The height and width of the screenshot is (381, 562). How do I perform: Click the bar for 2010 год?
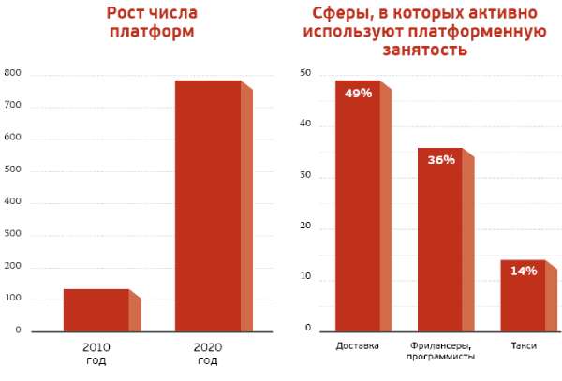(x=96, y=310)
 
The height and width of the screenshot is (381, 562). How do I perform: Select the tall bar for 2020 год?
(x=208, y=206)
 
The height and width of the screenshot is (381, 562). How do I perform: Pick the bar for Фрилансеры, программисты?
(x=440, y=240)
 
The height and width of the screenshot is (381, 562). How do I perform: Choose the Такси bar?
(x=523, y=296)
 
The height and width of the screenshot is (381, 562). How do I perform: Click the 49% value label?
(x=358, y=94)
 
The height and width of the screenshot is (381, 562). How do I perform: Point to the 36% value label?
(x=441, y=160)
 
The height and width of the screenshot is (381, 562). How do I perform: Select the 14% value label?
(x=524, y=271)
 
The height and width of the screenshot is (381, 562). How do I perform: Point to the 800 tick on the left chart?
(x=12, y=73)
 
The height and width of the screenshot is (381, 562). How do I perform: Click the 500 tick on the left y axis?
(x=12, y=169)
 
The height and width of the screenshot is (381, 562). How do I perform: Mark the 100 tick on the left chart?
(x=12, y=298)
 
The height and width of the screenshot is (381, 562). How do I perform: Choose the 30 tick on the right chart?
(x=304, y=176)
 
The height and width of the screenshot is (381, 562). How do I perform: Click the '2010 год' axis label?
(x=96, y=353)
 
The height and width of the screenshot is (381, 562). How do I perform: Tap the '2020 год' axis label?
(x=208, y=353)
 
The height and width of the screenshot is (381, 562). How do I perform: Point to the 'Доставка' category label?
(x=357, y=346)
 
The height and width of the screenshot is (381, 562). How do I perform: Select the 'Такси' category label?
(x=524, y=346)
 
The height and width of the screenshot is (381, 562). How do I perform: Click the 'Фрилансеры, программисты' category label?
(x=441, y=351)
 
